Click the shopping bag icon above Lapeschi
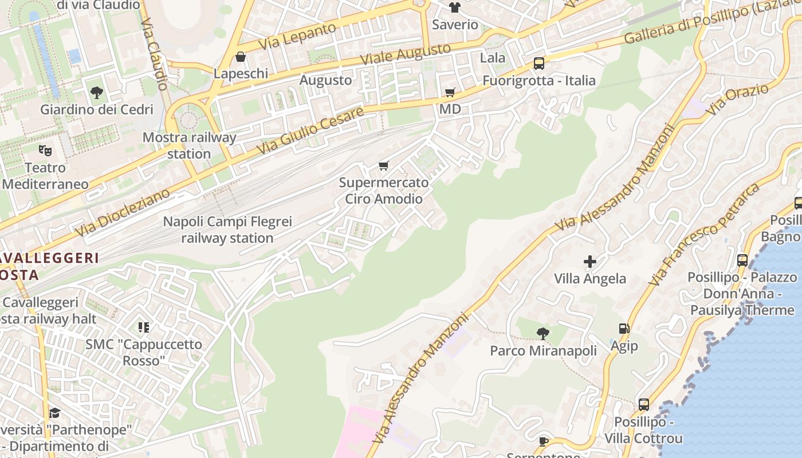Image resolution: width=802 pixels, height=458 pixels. (240, 57)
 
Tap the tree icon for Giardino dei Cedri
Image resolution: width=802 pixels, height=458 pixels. (96, 92)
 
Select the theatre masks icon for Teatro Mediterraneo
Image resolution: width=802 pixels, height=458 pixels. (45, 151)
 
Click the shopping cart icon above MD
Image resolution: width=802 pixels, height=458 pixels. (450, 92)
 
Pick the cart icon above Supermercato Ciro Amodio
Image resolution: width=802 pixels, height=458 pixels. (383, 166)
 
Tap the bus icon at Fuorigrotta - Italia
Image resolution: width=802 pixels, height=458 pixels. (538, 64)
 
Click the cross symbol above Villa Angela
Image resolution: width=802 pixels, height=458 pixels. (589, 262)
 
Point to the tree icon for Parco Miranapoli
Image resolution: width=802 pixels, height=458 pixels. (542, 333)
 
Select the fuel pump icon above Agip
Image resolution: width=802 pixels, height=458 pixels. (624, 329)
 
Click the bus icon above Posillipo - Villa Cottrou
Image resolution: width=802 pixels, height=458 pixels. (643, 405)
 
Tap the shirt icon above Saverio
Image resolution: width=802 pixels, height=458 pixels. (455, 7)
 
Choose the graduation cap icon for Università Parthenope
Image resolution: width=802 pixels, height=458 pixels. (54, 413)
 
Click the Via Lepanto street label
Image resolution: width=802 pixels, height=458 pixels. (297, 35)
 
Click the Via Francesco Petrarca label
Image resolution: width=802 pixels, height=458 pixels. (704, 234)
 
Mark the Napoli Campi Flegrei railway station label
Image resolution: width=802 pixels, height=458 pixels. (227, 230)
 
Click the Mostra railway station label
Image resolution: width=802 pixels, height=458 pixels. (189, 145)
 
